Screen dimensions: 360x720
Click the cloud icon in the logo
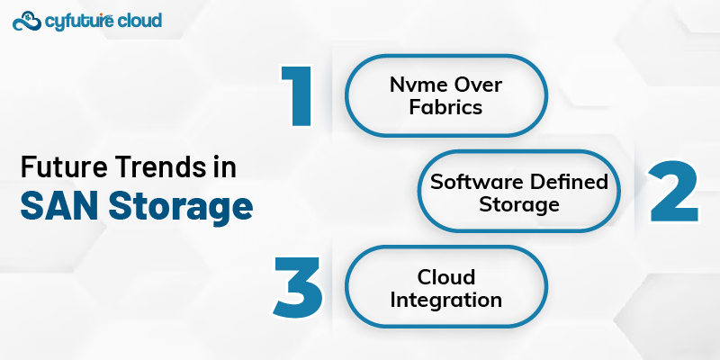pos(29,19)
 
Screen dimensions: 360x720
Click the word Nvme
pos(412,87)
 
